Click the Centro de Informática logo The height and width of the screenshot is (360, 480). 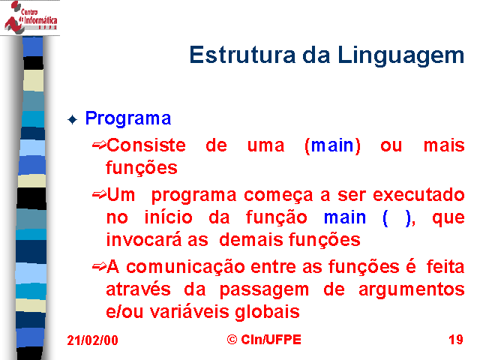[30, 17]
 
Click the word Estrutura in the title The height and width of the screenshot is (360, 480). [242, 55]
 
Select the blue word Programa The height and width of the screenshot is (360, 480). [128, 118]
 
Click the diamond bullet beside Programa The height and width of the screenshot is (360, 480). [72, 120]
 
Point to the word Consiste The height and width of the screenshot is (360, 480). [146, 145]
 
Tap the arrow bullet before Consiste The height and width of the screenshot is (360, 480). [99, 145]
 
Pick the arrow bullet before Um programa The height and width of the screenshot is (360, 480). [99, 194]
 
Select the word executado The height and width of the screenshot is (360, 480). [418, 195]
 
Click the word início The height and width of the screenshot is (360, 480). [168, 217]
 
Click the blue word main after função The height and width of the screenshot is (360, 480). [345, 217]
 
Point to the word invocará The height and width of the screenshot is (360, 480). [144, 240]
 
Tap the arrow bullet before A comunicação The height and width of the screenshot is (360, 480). [99, 267]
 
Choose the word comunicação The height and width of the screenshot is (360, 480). [185, 268]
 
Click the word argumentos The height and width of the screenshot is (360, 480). [412, 290]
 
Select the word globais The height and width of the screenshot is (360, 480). [267, 313]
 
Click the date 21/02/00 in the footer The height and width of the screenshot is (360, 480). [92, 340]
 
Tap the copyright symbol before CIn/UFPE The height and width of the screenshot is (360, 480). [232, 339]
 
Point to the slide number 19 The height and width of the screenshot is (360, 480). [456, 340]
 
